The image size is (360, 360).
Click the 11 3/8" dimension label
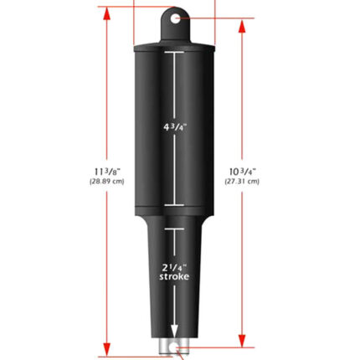pos(107,172)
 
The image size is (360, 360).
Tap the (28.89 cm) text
pos(107,182)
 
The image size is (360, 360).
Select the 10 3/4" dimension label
pos(242,172)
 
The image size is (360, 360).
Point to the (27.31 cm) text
pos(242,182)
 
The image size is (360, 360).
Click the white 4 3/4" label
pos(175,127)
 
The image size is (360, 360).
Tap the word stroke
pos(174,276)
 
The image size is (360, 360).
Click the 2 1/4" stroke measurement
pos(174,272)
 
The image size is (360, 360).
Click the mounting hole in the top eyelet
pos(175,19)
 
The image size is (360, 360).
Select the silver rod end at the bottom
pos(174,347)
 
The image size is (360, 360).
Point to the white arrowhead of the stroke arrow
pos(174,332)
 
